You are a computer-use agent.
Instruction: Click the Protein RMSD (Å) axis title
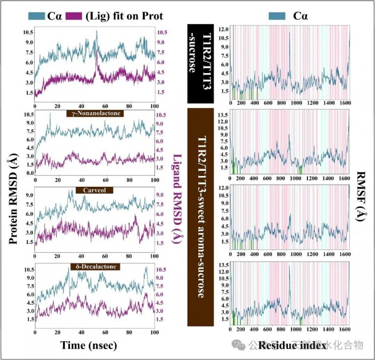pos(14,201)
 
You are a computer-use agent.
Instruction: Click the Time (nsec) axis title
pos(89,345)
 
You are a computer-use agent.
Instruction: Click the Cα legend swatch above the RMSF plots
pos(277,16)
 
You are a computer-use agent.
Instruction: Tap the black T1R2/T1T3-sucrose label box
pos(201,63)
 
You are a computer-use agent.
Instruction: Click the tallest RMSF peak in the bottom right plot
pos(290,266)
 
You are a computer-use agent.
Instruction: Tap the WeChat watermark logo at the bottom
pos(240,346)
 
